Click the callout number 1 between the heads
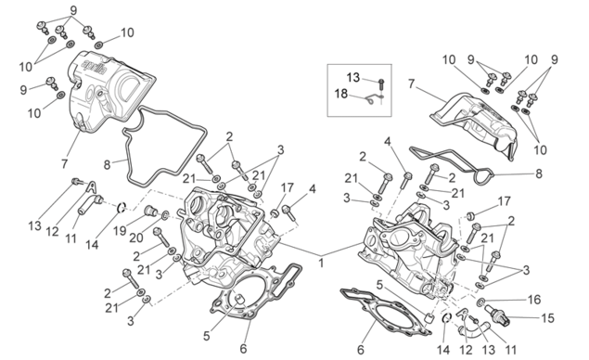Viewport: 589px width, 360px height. (x=321, y=263)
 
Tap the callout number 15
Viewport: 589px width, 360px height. (x=547, y=318)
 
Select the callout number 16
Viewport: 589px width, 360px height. (x=533, y=300)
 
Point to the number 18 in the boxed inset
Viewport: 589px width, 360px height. (x=341, y=94)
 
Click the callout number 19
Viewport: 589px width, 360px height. (x=120, y=231)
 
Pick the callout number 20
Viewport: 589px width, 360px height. (x=136, y=238)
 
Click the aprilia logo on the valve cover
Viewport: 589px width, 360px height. (x=94, y=67)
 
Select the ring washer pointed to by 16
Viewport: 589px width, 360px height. (x=480, y=302)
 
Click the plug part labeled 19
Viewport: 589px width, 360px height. (x=151, y=212)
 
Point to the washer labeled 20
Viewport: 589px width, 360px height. (x=164, y=215)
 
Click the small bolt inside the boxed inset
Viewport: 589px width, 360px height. (x=380, y=84)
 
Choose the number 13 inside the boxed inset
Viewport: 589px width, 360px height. (x=353, y=78)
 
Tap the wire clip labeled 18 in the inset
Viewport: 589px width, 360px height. (x=373, y=99)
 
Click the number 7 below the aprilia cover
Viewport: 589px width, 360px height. (x=64, y=164)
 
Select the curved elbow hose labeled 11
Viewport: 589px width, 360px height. (x=471, y=330)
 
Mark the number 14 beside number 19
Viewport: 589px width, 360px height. (x=92, y=245)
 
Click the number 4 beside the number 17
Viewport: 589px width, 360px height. (x=313, y=189)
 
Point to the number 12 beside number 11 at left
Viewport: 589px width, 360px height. (x=53, y=231)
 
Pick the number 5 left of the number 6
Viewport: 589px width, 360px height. (x=206, y=336)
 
